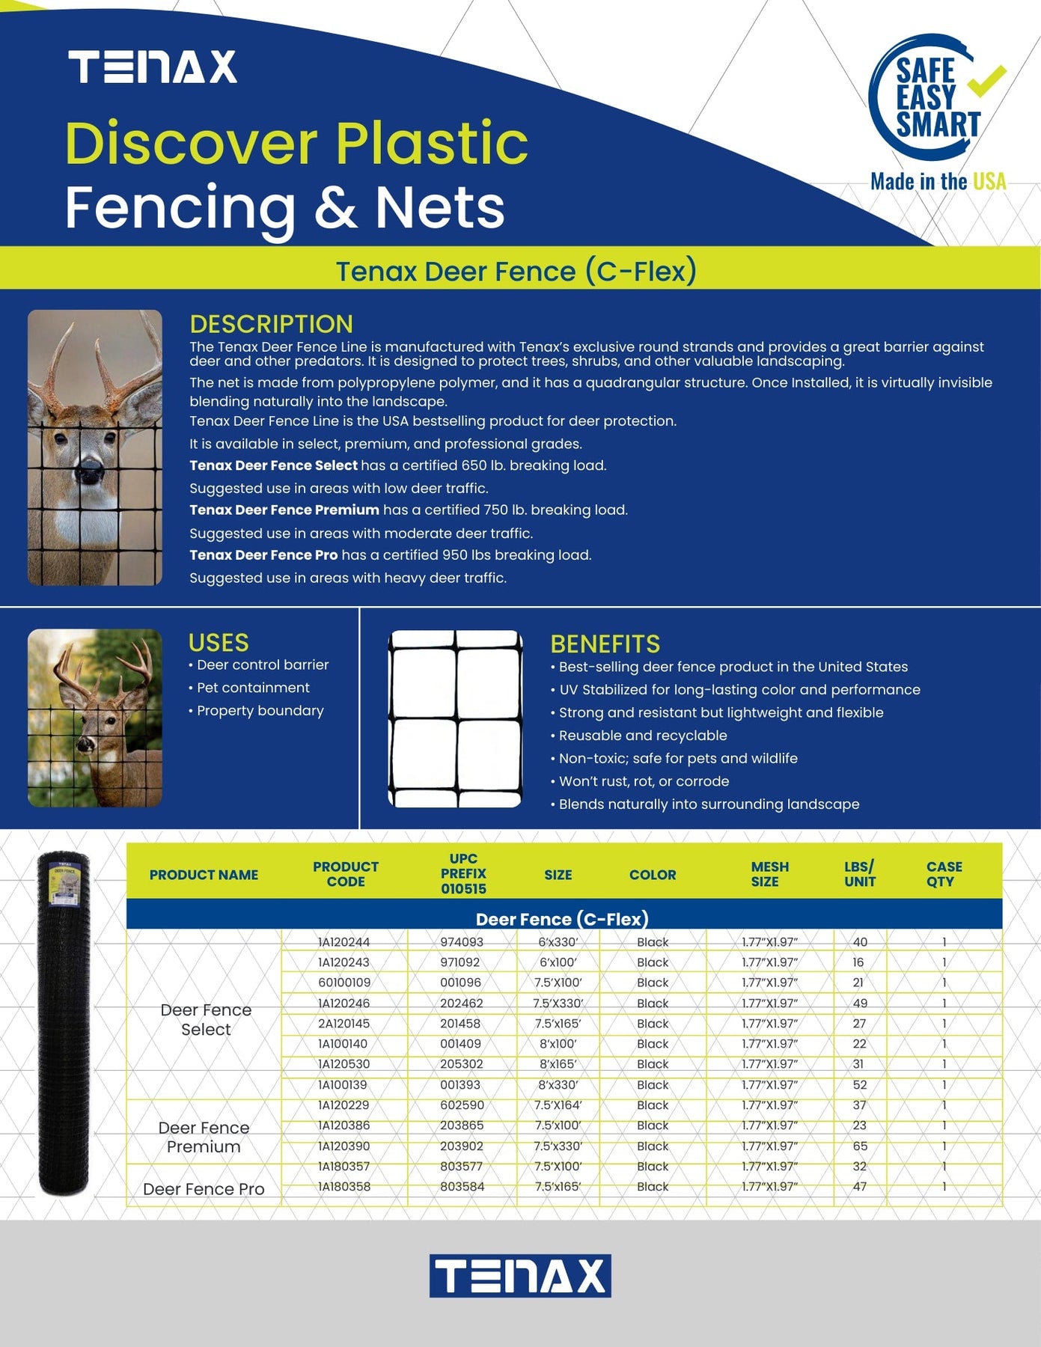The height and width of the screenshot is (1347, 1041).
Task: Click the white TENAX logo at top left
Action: coord(153,67)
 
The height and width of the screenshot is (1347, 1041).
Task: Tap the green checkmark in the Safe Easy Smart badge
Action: coord(986,82)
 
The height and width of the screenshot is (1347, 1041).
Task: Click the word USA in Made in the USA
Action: coord(989,182)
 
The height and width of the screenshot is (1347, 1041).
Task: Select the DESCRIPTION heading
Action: coord(271,324)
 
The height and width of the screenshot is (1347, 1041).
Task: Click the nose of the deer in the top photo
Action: coord(89,471)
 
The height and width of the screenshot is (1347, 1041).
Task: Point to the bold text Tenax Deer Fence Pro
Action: coord(263,555)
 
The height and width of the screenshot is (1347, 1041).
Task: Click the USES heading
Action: coord(219,643)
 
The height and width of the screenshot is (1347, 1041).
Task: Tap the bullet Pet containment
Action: coord(253,688)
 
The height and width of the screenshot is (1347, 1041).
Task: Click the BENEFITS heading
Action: coord(605,644)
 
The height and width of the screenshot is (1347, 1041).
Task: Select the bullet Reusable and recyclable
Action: coord(643,736)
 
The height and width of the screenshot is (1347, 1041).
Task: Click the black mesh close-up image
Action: coord(455,718)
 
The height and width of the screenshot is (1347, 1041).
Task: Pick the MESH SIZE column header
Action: coord(769,874)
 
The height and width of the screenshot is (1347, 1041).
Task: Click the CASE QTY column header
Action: coord(943,874)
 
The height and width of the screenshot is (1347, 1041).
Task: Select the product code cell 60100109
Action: coord(344,983)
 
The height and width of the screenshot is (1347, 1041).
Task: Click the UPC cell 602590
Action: coord(462,1105)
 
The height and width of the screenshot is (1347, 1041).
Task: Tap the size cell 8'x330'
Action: coord(558,1085)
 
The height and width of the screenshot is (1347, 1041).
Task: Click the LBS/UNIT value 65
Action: coord(860,1146)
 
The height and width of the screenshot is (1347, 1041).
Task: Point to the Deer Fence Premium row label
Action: coord(204,1137)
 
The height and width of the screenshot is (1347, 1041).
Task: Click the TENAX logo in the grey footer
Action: coord(520,1276)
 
